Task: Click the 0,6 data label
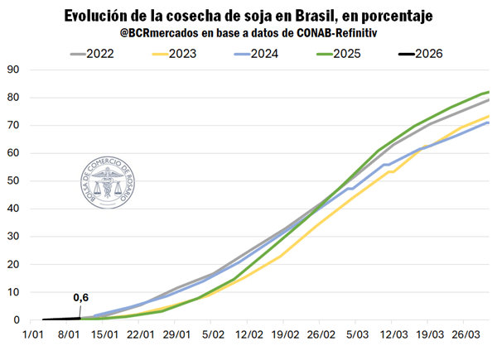81,298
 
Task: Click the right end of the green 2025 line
489,92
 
